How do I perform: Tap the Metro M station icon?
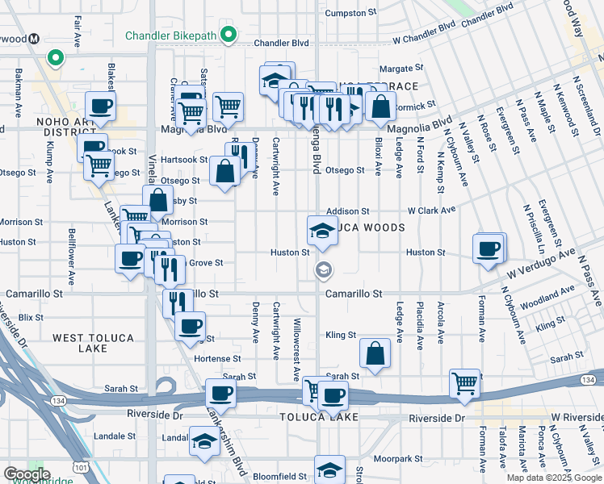35,39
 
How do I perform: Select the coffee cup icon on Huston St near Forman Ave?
488,248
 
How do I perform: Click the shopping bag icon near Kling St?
375,353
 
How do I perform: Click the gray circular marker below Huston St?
323,270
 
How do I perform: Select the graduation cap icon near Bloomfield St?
329,470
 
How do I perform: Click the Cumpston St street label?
351,13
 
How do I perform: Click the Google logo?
26,474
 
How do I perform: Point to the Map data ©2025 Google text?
553,478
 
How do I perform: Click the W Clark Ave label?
431,210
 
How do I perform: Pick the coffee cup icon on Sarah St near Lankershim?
221,394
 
